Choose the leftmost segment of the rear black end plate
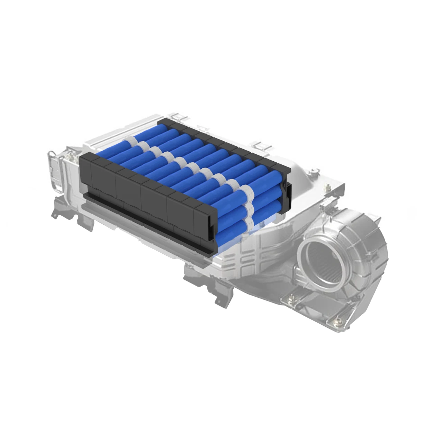164,121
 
